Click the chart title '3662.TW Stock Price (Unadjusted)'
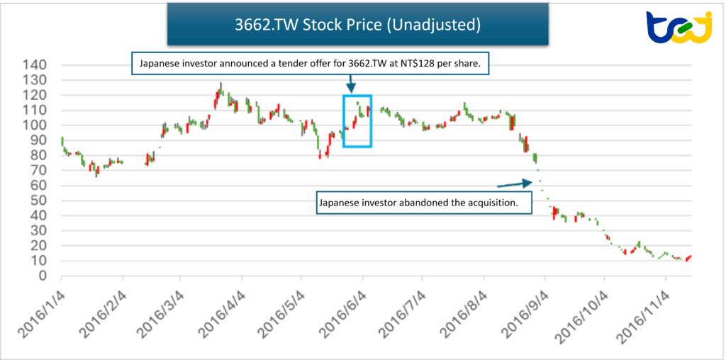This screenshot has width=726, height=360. (x=358, y=25)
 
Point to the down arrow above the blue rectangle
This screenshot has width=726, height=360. (x=350, y=84)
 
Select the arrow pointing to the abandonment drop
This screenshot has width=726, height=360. (x=514, y=184)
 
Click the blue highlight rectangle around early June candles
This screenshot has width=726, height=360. (x=357, y=120)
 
